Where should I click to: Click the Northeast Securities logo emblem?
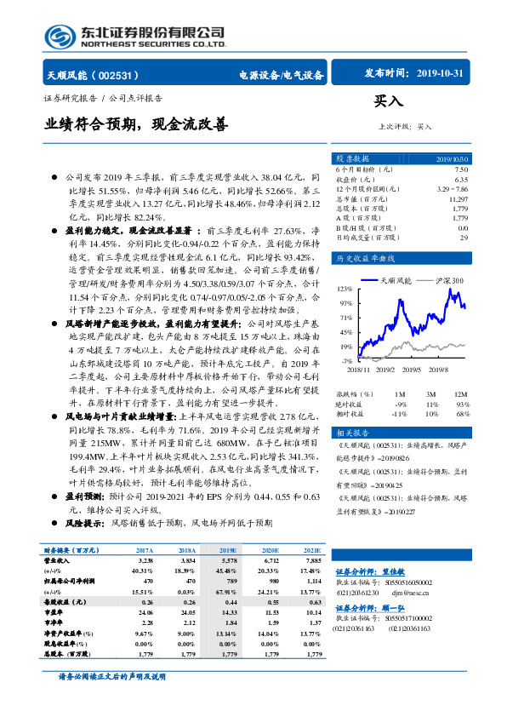59,35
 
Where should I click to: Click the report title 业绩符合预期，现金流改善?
137,124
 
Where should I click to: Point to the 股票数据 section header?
352,158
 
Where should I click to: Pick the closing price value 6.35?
460,179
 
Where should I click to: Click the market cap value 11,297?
457,198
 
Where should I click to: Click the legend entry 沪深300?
446,279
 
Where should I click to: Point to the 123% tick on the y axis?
346,289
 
